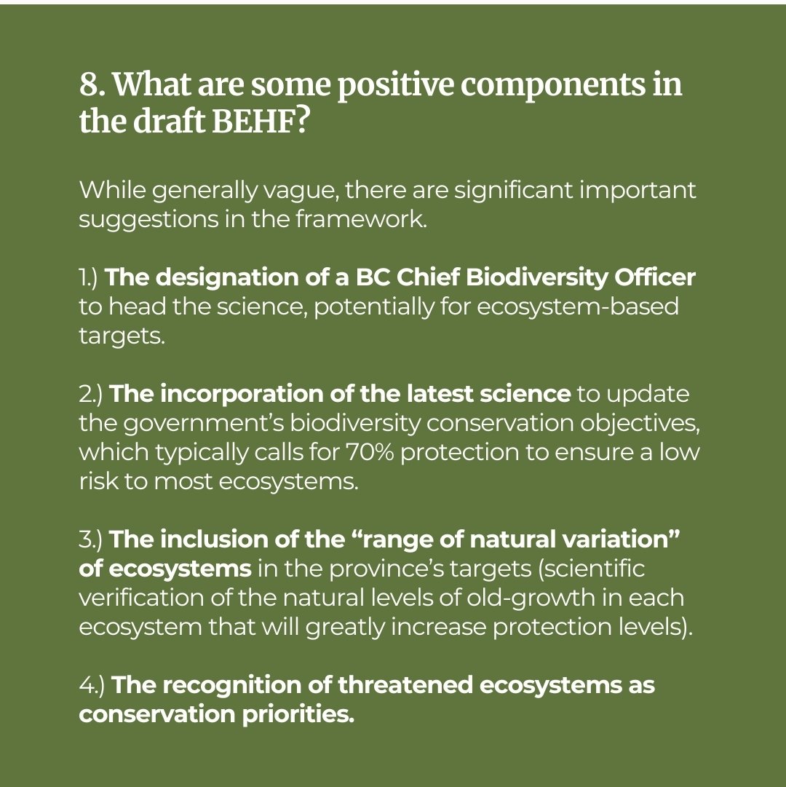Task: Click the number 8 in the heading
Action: coord(90,84)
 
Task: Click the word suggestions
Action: coord(148,221)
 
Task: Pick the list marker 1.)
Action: coord(91,277)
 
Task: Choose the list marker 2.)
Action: coord(91,394)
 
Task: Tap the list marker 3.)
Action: coord(91,539)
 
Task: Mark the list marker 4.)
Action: coord(92,685)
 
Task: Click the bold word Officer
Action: coord(654,277)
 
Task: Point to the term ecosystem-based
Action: coord(577,307)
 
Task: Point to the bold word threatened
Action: coord(405,685)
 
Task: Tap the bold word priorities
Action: coord(298,715)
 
